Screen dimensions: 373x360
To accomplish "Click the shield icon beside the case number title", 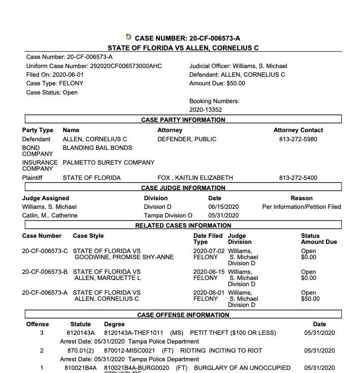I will [x=128, y=37].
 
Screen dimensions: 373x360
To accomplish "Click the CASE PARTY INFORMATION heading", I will [x=183, y=120].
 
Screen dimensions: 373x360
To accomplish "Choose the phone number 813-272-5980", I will [x=298, y=139].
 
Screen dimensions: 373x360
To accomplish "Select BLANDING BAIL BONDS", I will [x=97, y=148].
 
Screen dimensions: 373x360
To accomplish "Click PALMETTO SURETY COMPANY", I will [x=108, y=163].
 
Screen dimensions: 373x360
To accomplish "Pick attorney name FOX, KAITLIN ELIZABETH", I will [x=195, y=178].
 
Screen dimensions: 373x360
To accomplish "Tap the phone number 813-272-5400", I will [x=298, y=178].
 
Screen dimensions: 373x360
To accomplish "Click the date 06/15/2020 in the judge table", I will [x=223, y=207].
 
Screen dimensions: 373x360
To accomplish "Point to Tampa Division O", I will [x=161, y=215].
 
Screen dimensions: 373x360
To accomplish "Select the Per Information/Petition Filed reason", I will [x=301, y=207].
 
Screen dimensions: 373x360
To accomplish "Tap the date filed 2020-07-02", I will [x=208, y=251].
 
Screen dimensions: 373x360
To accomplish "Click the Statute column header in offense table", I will [x=81, y=324].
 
